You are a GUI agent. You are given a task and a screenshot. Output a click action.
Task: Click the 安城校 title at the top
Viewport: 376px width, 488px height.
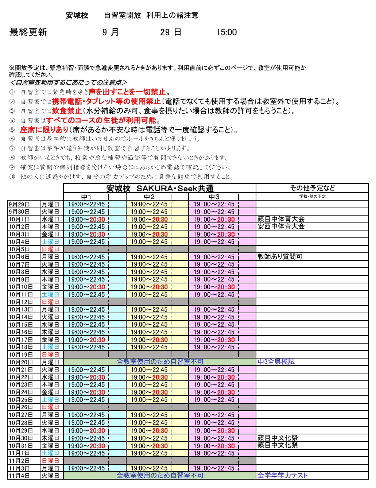coord(77,15)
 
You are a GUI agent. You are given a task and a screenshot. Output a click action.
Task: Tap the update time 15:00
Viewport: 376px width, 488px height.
coord(226,32)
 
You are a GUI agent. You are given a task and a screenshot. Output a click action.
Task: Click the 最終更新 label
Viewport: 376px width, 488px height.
coord(28,32)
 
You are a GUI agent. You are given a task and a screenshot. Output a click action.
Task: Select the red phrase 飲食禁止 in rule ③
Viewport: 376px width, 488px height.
coord(67,111)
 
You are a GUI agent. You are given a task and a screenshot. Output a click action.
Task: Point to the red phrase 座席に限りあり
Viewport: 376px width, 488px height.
coord(44,130)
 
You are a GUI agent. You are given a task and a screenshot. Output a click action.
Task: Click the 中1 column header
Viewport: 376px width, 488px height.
coord(86,197)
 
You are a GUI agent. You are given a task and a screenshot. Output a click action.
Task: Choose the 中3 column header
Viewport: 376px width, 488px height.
coord(214,197)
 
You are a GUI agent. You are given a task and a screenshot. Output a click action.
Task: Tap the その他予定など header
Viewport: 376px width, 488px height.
coord(312,188)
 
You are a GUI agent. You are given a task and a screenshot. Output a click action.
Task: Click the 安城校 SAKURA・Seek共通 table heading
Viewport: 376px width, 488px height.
coord(160,189)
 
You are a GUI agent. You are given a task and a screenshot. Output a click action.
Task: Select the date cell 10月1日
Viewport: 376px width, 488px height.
coord(19,219)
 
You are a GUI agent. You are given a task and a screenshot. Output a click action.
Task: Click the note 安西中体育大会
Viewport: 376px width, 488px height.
coord(281,226)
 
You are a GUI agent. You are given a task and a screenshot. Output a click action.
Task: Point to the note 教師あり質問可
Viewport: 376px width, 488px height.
coord(280,257)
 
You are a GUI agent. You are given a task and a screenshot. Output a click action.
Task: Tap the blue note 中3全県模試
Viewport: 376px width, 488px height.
coord(276,362)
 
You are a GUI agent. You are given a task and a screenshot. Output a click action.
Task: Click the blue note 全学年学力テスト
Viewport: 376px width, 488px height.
coord(283,476)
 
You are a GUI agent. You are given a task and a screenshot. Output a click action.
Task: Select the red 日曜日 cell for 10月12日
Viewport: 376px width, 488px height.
coord(50,302)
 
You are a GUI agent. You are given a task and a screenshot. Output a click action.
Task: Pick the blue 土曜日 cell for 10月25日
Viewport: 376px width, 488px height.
coord(50,400)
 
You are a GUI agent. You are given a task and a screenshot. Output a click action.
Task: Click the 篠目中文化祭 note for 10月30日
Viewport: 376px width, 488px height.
coord(278,438)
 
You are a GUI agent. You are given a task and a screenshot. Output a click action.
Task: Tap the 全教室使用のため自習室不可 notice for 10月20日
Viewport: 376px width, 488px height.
coord(160,362)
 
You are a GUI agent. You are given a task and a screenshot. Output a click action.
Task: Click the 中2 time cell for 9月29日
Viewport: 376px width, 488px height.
coord(149,204)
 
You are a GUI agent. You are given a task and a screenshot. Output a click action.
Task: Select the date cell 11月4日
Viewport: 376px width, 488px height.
coord(19,476)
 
